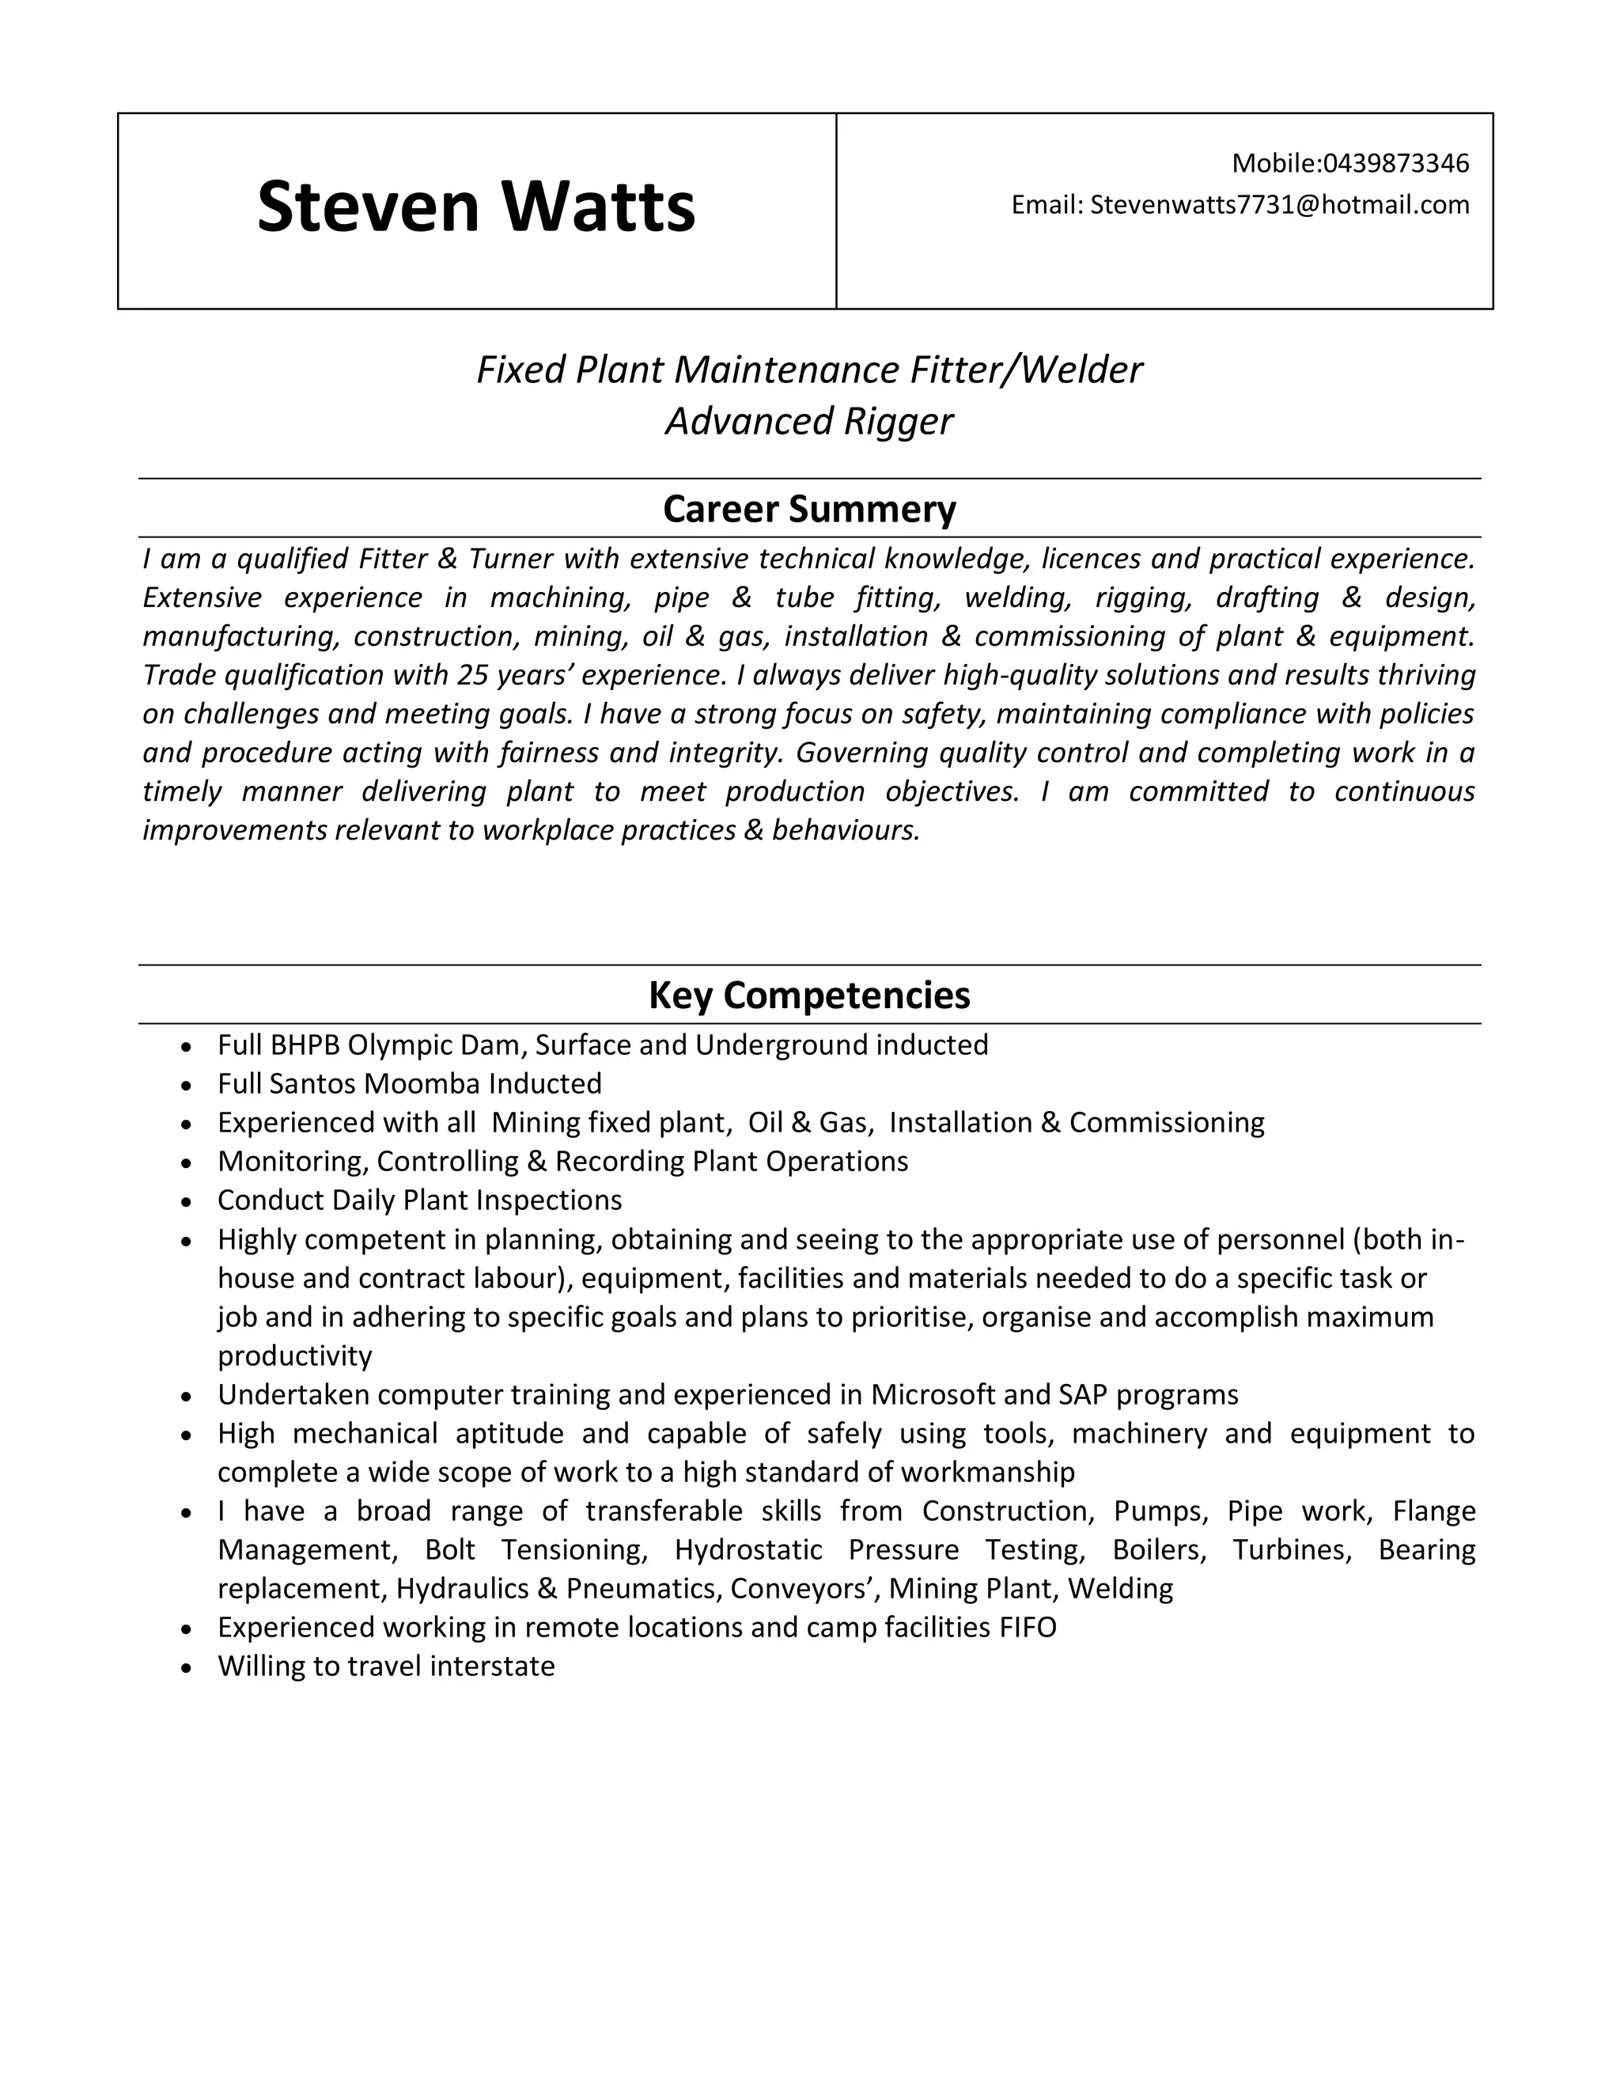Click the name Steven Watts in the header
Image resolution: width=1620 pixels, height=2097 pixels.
click(x=476, y=207)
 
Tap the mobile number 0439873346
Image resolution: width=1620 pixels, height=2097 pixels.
click(x=1395, y=163)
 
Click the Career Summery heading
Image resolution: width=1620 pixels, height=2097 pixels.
click(x=809, y=509)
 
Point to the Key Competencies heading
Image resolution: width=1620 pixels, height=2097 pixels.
click(x=809, y=995)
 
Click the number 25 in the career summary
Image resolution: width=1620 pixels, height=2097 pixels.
click(x=473, y=675)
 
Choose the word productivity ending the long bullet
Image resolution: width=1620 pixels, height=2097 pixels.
click(x=294, y=1356)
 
